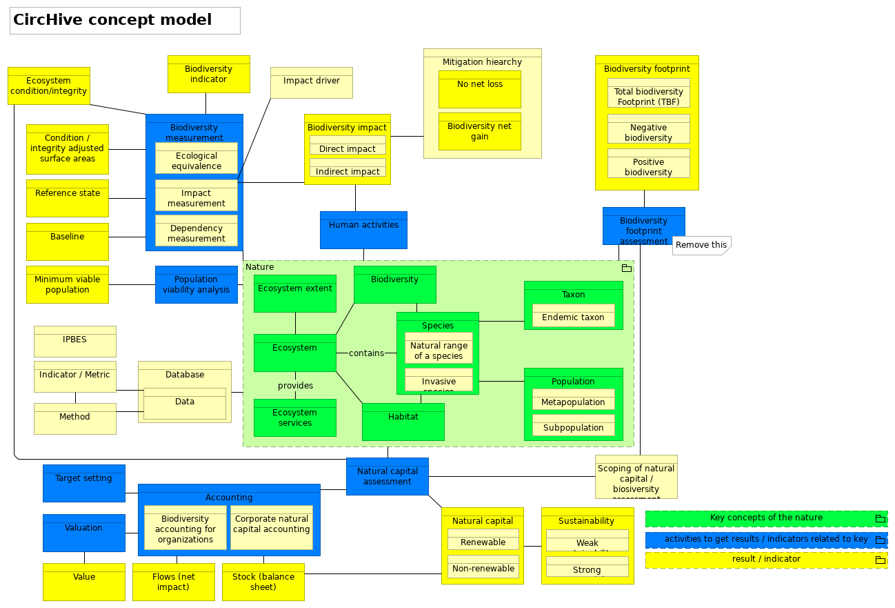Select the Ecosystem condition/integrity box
(x=48, y=86)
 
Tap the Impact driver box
(x=311, y=83)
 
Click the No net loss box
(x=479, y=89)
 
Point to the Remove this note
(x=701, y=245)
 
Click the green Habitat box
(x=403, y=422)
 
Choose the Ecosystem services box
(x=294, y=418)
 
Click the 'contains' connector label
(x=366, y=353)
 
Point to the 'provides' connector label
(x=295, y=386)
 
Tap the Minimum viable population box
(x=67, y=284)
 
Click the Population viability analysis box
(x=196, y=284)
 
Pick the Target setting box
(x=83, y=483)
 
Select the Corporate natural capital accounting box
(x=272, y=527)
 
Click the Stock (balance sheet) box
(x=263, y=582)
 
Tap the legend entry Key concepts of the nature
(x=765, y=518)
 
